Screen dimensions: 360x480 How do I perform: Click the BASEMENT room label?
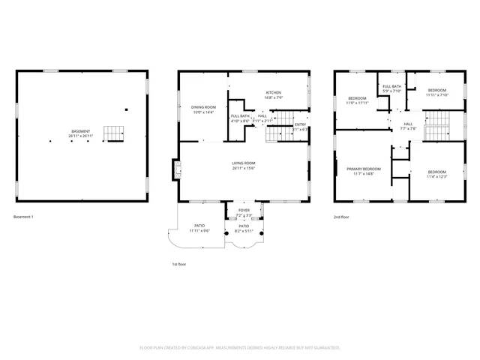81,132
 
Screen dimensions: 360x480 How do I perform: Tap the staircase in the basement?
112,133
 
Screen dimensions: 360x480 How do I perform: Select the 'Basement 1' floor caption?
24,217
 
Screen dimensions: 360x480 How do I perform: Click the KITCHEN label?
272,92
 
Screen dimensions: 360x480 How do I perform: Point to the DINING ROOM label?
202,107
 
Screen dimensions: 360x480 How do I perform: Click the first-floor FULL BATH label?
240,116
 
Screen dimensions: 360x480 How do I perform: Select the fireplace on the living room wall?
177,170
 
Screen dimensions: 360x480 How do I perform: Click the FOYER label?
244,211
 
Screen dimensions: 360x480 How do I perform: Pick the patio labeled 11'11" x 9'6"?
199,225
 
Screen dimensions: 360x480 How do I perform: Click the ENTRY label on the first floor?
300,124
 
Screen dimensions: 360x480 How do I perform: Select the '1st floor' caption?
179,265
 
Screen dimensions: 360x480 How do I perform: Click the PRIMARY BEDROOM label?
363,169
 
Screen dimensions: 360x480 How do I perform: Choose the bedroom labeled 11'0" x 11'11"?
357,98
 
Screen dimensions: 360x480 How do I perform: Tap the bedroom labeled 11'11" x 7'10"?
436,91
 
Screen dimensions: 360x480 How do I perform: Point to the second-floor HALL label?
408,124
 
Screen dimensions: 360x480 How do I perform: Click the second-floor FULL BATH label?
391,86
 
